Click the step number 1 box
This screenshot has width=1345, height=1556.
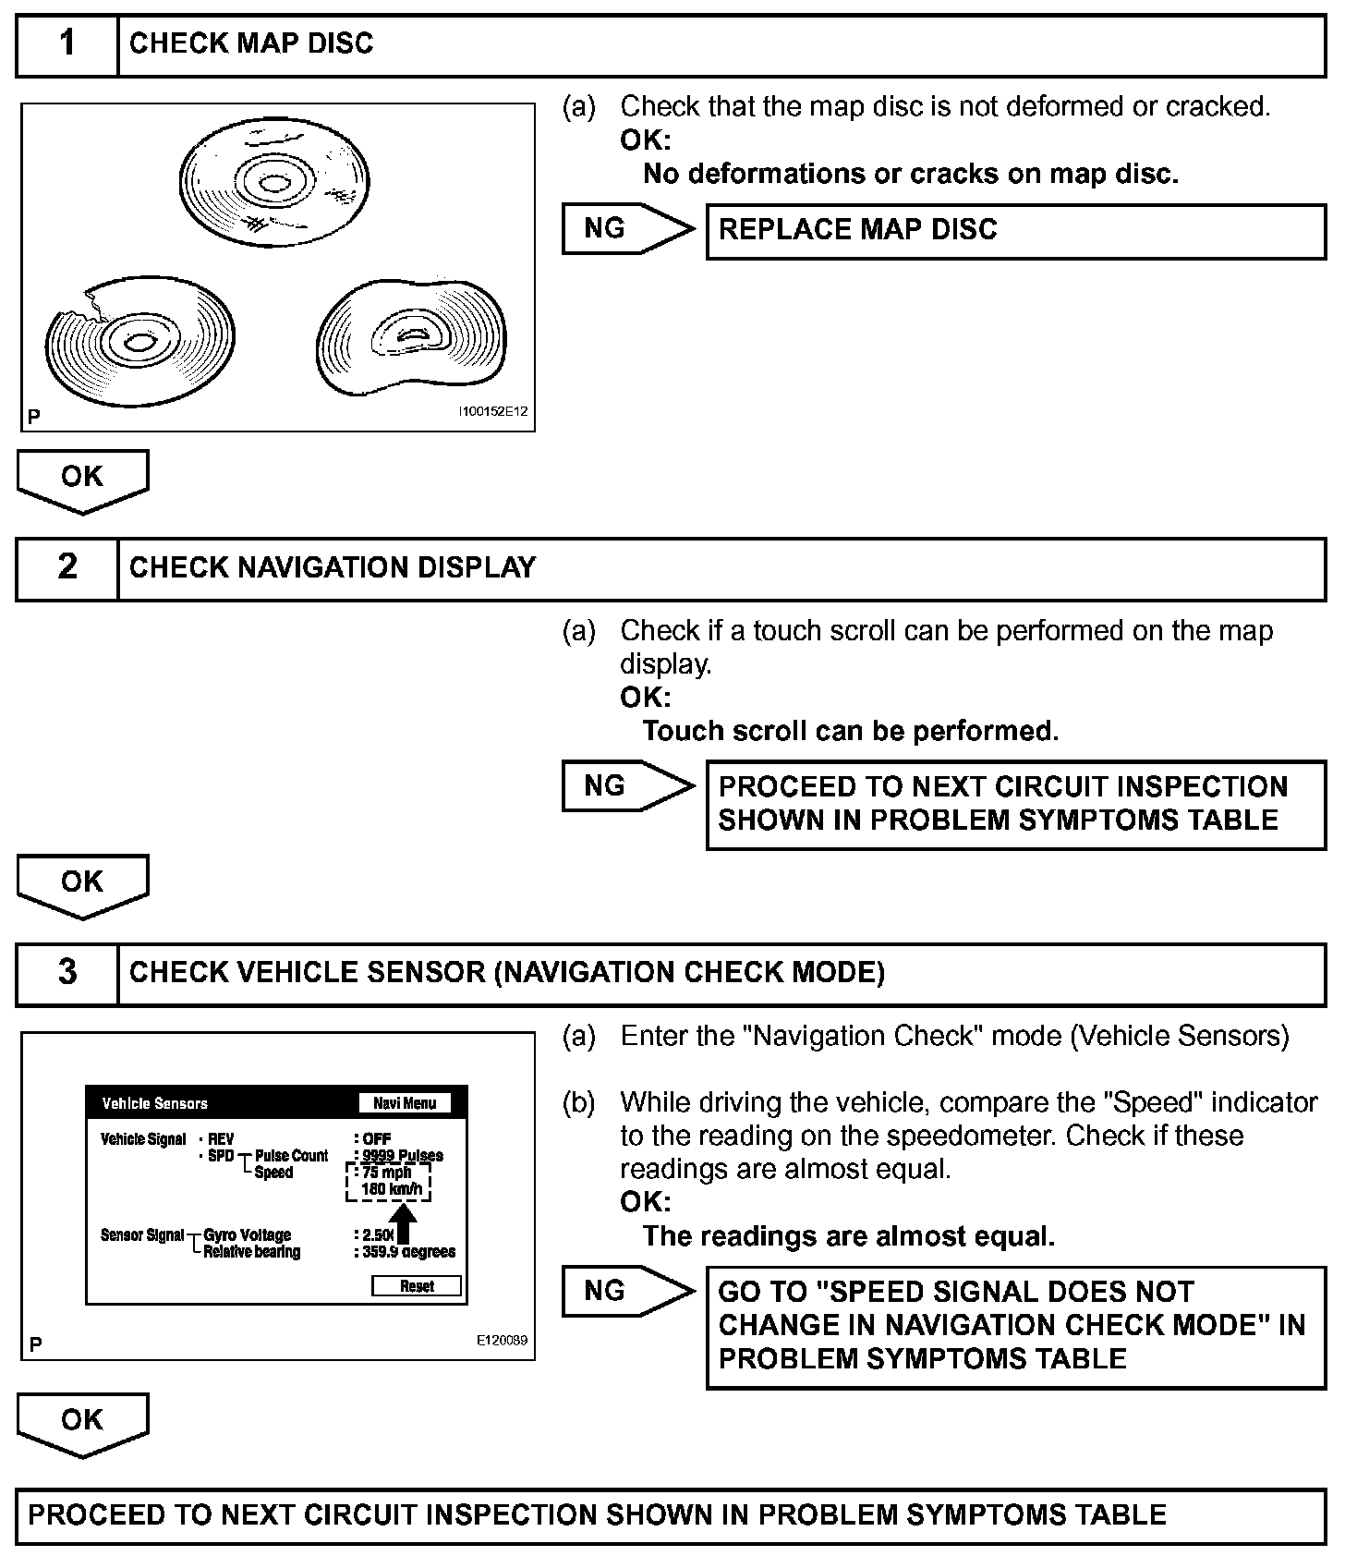tap(67, 44)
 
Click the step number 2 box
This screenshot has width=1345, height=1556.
tap(67, 568)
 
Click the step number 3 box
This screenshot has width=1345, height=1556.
tap(67, 973)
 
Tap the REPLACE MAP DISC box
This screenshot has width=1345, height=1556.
tap(1015, 231)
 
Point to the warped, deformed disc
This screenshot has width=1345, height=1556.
tap(412, 337)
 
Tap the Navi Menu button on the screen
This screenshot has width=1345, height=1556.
tap(405, 1103)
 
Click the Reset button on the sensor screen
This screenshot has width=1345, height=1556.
tap(417, 1286)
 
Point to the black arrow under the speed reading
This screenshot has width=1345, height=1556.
tap(405, 1222)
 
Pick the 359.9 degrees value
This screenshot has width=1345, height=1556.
tap(407, 1252)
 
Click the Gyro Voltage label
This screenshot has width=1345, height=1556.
tap(247, 1235)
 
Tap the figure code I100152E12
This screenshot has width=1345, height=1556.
tap(493, 412)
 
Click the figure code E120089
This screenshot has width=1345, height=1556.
tap(503, 1341)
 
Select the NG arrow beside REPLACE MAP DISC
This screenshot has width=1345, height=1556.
tap(627, 229)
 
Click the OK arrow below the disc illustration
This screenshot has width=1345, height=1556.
tap(82, 480)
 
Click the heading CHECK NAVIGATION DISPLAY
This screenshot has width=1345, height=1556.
tap(333, 568)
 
